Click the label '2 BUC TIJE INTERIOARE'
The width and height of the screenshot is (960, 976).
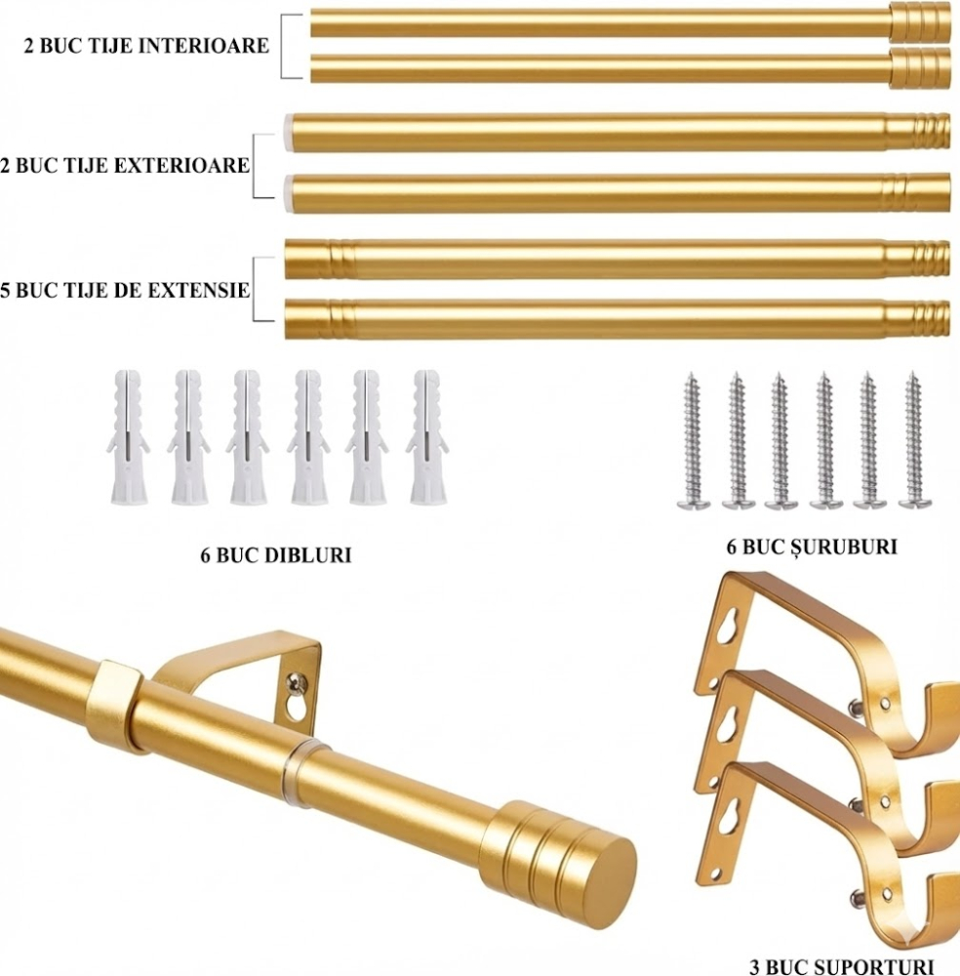(x=147, y=46)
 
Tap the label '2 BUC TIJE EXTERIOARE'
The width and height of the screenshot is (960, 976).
(x=125, y=166)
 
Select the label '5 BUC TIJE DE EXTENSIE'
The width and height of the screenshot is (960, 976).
(x=125, y=290)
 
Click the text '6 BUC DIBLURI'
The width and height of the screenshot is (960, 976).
(x=275, y=555)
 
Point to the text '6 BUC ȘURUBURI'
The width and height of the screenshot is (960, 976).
(x=812, y=547)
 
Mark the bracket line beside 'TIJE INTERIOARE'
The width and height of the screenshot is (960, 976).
(x=284, y=46)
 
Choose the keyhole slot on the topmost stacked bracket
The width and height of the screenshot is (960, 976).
(x=723, y=625)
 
